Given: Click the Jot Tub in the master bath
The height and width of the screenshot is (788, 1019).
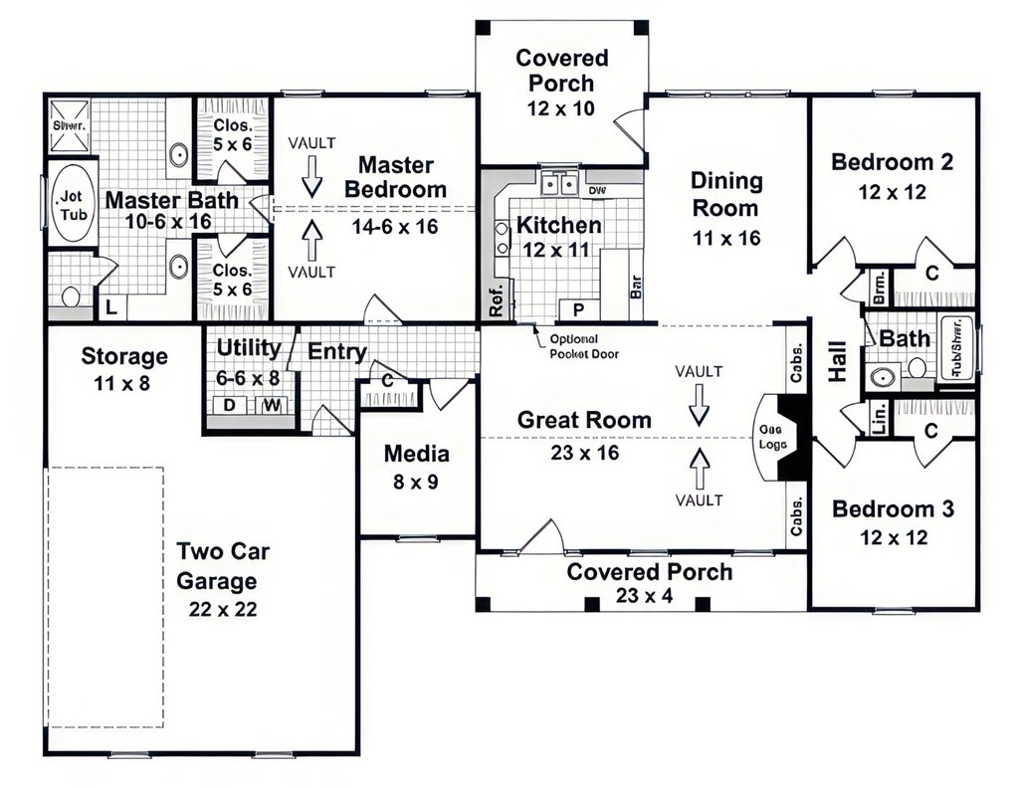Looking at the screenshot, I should tap(73, 206).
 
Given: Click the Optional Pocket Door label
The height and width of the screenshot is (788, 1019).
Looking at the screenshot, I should tap(575, 345).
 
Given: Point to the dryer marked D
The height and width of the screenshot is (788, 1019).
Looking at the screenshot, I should tap(228, 406).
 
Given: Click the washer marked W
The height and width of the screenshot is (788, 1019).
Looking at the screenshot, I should tap(271, 406).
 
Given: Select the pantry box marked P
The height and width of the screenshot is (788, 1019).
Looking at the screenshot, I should tap(576, 308).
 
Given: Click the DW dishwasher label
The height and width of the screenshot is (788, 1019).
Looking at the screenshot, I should tap(597, 189).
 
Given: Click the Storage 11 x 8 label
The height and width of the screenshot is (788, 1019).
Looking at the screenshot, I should tap(124, 367).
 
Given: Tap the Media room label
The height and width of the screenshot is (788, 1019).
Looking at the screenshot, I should tap(417, 455).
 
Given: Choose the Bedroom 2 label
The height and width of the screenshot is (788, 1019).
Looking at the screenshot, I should tap(893, 161).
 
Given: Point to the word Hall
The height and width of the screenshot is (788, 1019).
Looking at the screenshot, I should tap(837, 362).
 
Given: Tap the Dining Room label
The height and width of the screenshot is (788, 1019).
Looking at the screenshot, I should tap(726, 194).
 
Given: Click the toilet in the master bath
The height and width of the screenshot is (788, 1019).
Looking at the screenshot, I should tap(71, 295).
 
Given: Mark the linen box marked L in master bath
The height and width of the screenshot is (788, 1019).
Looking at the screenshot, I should tap(111, 309).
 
